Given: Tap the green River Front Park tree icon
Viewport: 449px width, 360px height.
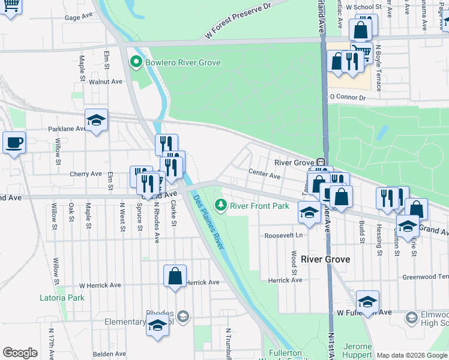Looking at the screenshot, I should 221,206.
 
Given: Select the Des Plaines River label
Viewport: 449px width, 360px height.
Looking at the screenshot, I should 209,221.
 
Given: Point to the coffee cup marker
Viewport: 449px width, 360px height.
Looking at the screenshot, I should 14,143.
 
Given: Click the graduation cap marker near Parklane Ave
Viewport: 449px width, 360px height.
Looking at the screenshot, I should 96,120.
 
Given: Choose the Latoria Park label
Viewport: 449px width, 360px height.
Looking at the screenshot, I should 62,298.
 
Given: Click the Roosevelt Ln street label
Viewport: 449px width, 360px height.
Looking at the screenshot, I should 283,236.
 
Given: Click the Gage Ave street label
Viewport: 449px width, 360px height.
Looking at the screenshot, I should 80,18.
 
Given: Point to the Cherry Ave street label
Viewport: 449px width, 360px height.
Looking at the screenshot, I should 86,174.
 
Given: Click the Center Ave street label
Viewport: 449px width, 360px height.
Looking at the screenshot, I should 265,176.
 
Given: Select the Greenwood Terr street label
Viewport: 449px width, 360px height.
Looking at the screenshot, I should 425,277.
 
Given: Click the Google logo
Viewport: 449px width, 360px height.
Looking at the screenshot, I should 20,353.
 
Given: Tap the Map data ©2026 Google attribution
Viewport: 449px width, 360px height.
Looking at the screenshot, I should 411,355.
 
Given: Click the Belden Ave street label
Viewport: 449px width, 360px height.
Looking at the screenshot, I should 109,354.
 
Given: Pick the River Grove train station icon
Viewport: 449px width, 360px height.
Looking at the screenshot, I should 321,162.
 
